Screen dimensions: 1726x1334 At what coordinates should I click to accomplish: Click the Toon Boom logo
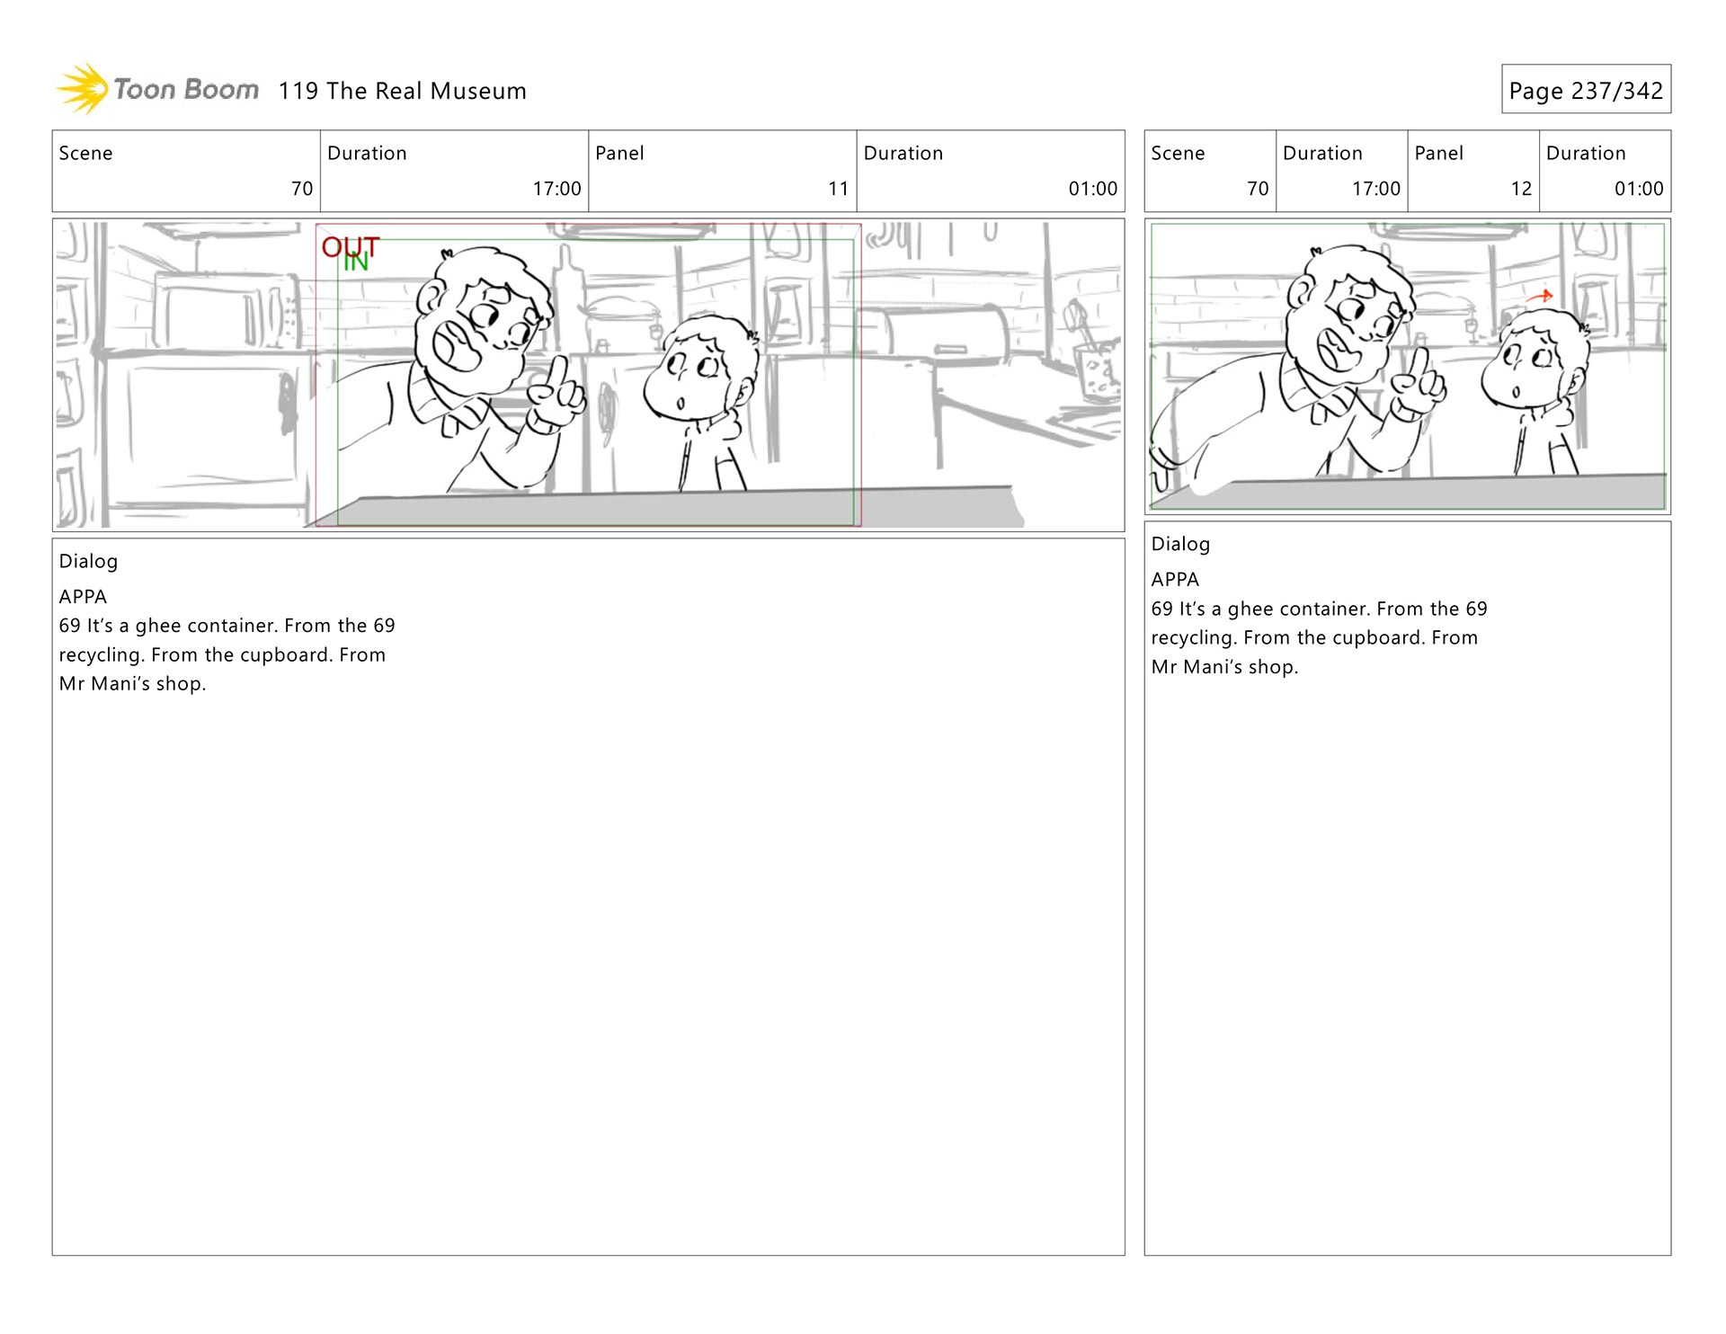point(157,90)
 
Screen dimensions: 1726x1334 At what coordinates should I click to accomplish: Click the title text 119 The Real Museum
point(402,91)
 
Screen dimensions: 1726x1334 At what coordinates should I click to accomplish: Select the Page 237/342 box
point(1586,89)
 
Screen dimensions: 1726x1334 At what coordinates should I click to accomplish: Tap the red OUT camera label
point(351,246)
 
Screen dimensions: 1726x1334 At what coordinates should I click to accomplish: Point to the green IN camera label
point(356,262)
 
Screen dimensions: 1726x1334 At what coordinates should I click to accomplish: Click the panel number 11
point(838,189)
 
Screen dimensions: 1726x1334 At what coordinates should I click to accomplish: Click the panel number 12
point(1521,189)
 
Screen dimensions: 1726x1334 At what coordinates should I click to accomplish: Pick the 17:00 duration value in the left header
point(556,189)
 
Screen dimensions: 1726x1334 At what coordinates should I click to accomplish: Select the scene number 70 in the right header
point(1258,189)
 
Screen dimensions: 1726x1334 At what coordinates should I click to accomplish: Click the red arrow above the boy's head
point(1540,296)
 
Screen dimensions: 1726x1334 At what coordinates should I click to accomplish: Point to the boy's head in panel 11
point(702,367)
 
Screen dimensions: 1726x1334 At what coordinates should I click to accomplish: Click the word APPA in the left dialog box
point(83,597)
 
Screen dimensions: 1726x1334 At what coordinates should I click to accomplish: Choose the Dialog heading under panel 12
point(1180,544)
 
